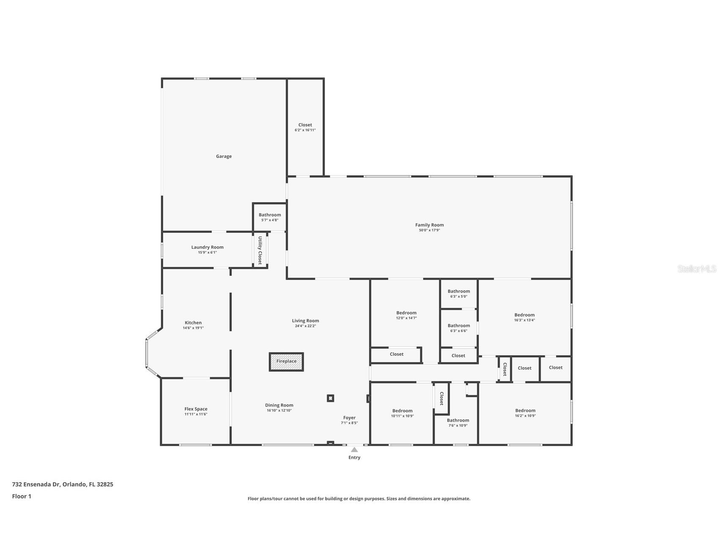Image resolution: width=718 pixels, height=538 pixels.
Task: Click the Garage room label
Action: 223,156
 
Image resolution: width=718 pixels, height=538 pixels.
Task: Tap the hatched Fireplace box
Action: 286,362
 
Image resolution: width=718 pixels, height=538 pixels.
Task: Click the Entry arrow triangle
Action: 354,450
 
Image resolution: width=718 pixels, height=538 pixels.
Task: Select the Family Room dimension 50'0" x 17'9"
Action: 429,230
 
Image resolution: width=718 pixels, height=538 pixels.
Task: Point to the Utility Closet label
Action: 260,250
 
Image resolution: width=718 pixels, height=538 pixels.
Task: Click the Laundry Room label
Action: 207,247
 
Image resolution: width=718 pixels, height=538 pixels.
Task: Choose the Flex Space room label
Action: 195,409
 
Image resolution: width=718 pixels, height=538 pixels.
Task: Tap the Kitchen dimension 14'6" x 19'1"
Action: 193,328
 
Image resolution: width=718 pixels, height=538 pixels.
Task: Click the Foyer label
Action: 349,417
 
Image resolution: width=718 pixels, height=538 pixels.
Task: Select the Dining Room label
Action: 279,405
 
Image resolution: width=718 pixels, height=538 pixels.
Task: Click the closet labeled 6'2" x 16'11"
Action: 305,127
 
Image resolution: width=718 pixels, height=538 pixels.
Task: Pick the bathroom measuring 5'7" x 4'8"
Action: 270,217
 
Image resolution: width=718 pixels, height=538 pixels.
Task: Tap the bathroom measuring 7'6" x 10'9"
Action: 458,423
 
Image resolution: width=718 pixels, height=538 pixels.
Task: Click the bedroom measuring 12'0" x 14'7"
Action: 406,315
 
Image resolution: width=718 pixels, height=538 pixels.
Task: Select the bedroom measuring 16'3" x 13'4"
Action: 524,317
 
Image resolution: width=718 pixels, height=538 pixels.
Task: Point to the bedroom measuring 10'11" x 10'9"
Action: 402,413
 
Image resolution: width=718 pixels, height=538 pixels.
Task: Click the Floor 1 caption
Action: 22,496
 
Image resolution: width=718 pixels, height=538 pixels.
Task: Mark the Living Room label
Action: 305,321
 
